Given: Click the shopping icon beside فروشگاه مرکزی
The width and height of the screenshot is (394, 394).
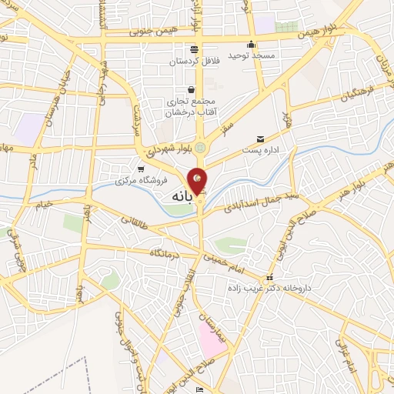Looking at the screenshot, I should (x=140, y=169).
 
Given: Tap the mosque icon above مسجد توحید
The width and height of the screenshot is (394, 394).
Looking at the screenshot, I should (x=251, y=44).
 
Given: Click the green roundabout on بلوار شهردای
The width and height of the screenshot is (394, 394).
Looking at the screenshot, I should (x=201, y=147).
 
